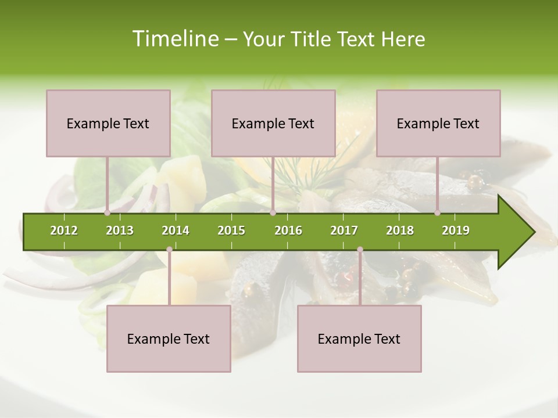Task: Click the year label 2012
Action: pyautogui.click(x=64, y=230)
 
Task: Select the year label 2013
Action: pyautogui.click(x=120, y=230)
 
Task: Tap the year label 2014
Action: pyautogui.click(x=176, y=230)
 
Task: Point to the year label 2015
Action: pyautogui.click(x=231, y=230)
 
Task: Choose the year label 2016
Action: pyautogui.click(x=288, y=230)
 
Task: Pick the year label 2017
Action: pyautogui.click(x=344, y=230)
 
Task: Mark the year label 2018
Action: pyautogui.click(x=400, y=230)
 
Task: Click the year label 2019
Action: pyautogui.click(x=456, y=230)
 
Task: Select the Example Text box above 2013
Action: pyautogui.click(x=108, y=123)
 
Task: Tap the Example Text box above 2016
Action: pyautogui.click(x=273, y=123)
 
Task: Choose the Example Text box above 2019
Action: pyautogui.click(x=438, y=123)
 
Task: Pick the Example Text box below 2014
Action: pyautogui.click(x=169, y=338)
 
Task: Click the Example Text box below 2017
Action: pyautogui.click(x=359, y=338)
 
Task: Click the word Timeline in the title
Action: pyautogui.click(x=174, y=39)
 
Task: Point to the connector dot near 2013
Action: pyautogui.click(x=108, y=213)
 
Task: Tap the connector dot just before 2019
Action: pyautogui.click(x=438, y=213)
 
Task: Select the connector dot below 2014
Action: pyautogui.click(x=169, y=250)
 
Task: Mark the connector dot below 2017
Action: pyautogui.click(x=360, y=250)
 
